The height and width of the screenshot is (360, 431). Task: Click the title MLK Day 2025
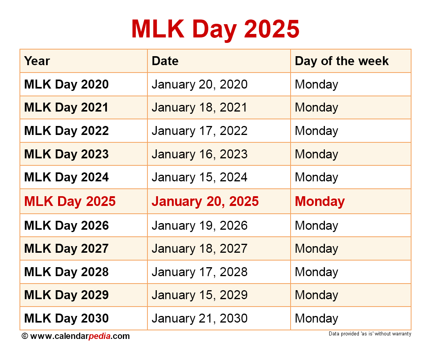pyautogui.click(x=215, y=28)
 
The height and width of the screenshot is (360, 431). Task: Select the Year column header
pyautogui.click(x=37, y=61)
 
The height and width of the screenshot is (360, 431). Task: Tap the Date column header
pyautogui.click(x=165, y=61)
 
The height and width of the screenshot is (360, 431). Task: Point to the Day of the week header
pyautogui.click(x=342, y=61)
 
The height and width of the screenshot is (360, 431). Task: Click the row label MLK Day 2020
pyautogui.click(x=66, y=84)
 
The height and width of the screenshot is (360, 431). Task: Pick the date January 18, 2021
pyautogui.click(x=199, y=108)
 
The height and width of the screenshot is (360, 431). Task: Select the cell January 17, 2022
pyautogui.click(x=199, y=131)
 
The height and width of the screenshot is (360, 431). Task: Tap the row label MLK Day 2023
pyautogui.click(x=66, y=154)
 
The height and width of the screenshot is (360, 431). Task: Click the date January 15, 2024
pyautogui.click(x=199, y=177)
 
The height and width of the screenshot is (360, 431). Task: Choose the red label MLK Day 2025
pyautogui.click(x=70, y=201)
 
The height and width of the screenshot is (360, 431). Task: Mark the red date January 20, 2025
pyautogui.click(x=205, y=201)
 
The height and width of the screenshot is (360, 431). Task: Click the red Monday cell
pyautogui.click(x=320, y=201)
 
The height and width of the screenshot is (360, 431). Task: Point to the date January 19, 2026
pyautogui.click(x=199, y=225)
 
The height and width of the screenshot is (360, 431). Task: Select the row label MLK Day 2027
pyautogui.click(x=66, y=248)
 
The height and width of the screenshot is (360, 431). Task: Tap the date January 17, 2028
pyautogui.click(x=199, y=272)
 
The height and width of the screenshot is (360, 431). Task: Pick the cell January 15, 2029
pyautogui.click(x=199, y=295)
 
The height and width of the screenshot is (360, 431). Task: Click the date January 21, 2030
pyautogui.click(x=199, y=318)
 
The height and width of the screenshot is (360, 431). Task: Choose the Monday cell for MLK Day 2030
pyautogui.click(x=316, y=318)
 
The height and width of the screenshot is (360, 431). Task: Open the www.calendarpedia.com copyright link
pyautogui.click(x=80, y=336)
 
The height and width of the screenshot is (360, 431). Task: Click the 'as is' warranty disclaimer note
pyautogui.click(x=370, y=334)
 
